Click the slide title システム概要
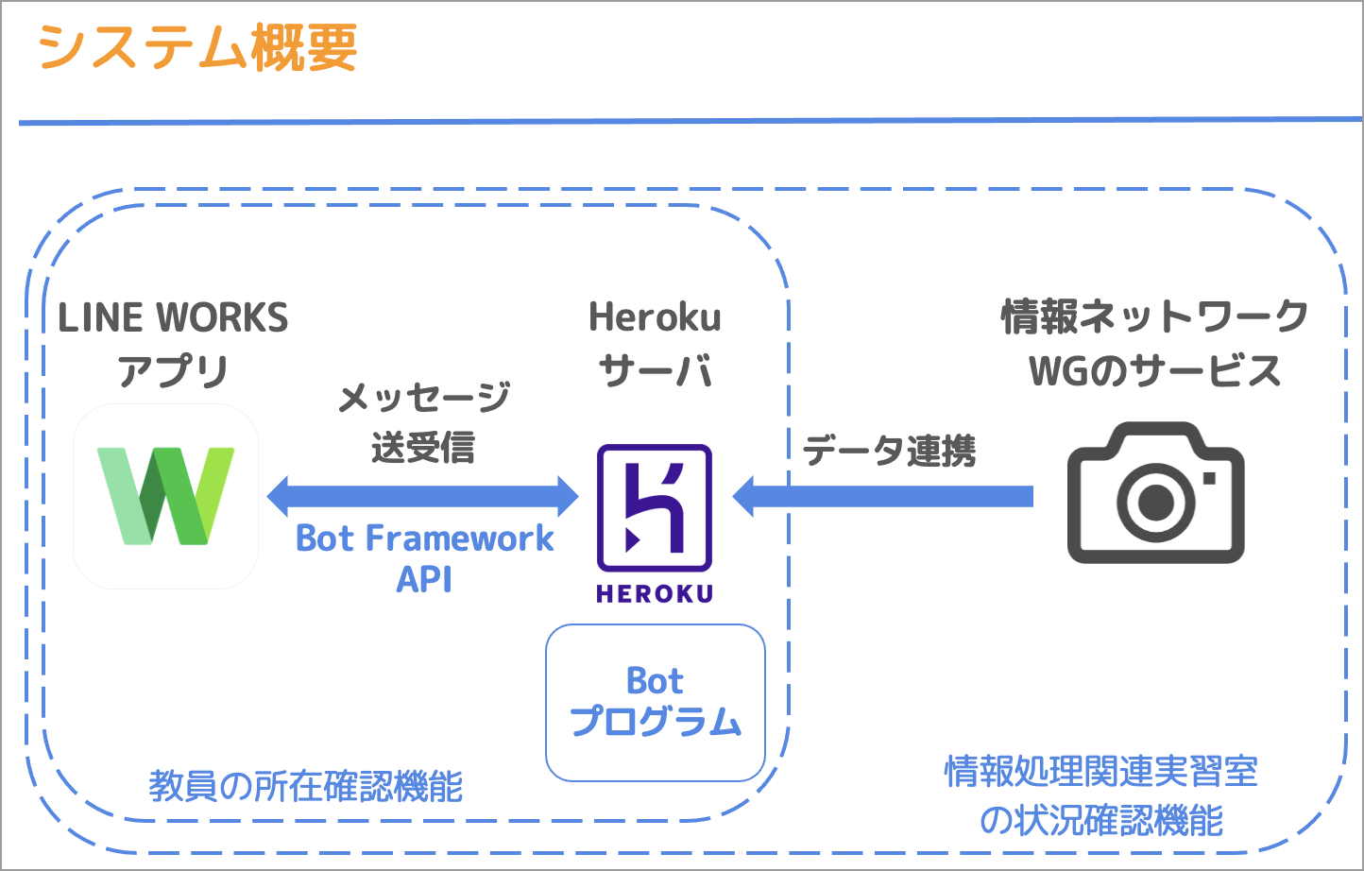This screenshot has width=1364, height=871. tap(198, 48)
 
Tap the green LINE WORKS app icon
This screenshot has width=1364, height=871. tap(166, 497)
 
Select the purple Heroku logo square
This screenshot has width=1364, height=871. tap(654, 507)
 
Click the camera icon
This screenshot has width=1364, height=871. tap(1155, 493)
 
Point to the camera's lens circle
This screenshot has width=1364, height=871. tap(1155, 501)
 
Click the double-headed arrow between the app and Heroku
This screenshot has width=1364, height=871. tap(422, 496)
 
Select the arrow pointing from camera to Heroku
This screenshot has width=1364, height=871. tap(882, 496)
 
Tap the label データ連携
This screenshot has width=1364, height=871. tap(889, 452)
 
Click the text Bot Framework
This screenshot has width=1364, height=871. tap(425, 538)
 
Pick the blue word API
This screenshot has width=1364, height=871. tap(424, 579)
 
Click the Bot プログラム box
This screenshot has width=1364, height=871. tap(655, 702)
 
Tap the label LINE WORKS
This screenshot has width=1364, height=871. tap(173, 318)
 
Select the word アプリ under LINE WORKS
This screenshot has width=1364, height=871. tap(173, 370)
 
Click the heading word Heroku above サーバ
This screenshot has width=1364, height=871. tap(655, 318)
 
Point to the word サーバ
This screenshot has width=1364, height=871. tap(655, 370)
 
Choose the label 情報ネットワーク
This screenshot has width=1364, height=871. tap(1154, 317)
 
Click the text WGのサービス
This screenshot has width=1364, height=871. tap(1154, 370)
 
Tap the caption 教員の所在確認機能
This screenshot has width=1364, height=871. tap(306, 786)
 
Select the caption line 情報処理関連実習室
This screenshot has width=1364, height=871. tap(1101, 772)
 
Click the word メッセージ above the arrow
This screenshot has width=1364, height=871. tap(424, 398)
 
